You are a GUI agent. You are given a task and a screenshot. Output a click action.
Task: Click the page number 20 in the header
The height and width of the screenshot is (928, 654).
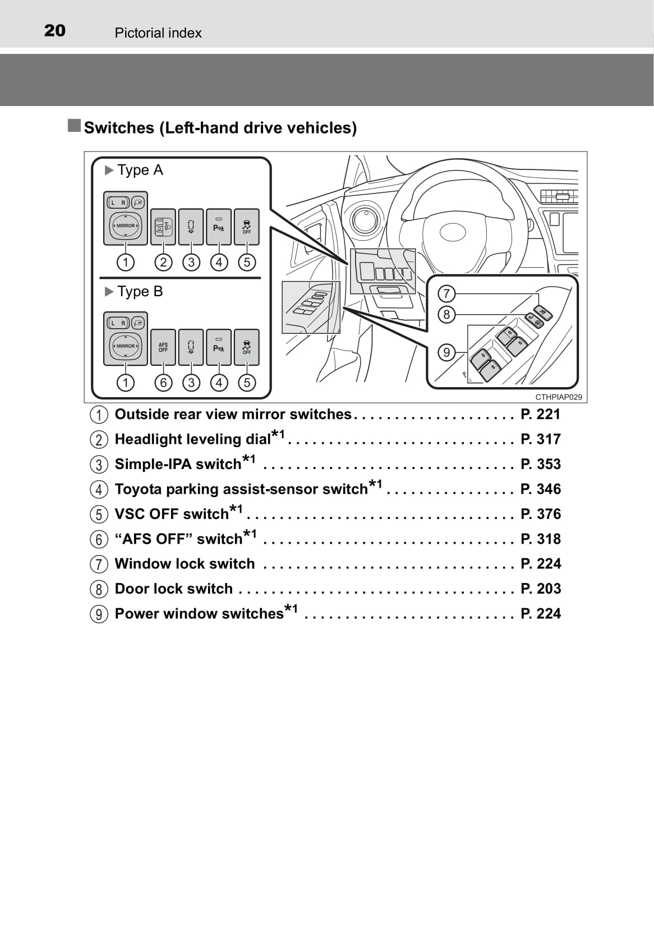[x=55, y=31]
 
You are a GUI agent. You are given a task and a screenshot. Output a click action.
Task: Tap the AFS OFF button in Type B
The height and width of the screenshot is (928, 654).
[x=163, y=347]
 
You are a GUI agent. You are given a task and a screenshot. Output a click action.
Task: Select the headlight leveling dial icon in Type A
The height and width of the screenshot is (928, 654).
[x=163, y=227]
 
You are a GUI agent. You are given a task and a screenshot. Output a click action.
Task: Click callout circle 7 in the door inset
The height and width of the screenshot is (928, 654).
[x=446, y=293]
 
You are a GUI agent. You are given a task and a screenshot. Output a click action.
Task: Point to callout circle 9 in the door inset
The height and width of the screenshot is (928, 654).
[x=446, y=352]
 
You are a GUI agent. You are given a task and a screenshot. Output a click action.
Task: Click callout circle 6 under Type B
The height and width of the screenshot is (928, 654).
[x=163, y=383]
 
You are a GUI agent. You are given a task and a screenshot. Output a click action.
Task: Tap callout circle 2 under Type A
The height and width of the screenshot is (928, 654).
[x=163, y=262]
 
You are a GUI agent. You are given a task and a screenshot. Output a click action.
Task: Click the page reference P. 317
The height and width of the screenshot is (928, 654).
[x=540, y=439]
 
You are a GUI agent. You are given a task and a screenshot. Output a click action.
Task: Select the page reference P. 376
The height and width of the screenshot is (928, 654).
[x=540, y=514]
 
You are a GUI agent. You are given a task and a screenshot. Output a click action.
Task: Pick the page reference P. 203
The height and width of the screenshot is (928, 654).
[x=540, y=589]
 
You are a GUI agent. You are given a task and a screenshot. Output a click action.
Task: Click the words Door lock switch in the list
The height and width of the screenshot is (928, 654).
[x=173, y=589]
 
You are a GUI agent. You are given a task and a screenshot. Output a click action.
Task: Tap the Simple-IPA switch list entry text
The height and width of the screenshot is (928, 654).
[x=178, y=465]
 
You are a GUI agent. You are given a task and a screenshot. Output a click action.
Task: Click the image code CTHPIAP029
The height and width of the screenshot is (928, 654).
[x=558, y=397]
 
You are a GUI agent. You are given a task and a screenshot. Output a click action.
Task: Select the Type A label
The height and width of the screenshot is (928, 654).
[x=140, y=170]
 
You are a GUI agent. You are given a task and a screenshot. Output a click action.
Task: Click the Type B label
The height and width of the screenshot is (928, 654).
[x=140, y=292]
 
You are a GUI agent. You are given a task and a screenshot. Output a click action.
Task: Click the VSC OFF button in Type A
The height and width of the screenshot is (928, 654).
[x=247, y=227]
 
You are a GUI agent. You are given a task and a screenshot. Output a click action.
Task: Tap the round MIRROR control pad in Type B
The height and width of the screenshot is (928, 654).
[x=126, y=346]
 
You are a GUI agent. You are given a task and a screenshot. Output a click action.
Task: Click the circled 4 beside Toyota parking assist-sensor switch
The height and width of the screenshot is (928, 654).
[x=99, y=489]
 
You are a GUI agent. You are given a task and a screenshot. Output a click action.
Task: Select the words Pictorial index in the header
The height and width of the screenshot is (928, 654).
[x=158, y=33]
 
